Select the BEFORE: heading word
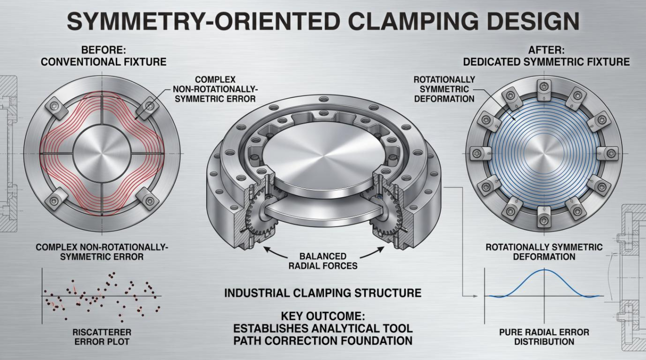click(103, 50)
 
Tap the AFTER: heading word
click(546, 50)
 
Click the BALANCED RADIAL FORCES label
click(323, 261)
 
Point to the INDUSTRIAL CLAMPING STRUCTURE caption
click(323, 293)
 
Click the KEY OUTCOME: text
click(323, 316)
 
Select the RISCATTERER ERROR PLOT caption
click(102, 337)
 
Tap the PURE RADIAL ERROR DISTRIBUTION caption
click(544, 337)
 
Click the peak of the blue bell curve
click(544, 270)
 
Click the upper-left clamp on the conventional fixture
click(57, 108)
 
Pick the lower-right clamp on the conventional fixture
click(148, 199)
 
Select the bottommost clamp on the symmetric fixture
click(544, 217)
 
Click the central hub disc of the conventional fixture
click(102, 153)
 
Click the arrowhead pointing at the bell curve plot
click(475, 296)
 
